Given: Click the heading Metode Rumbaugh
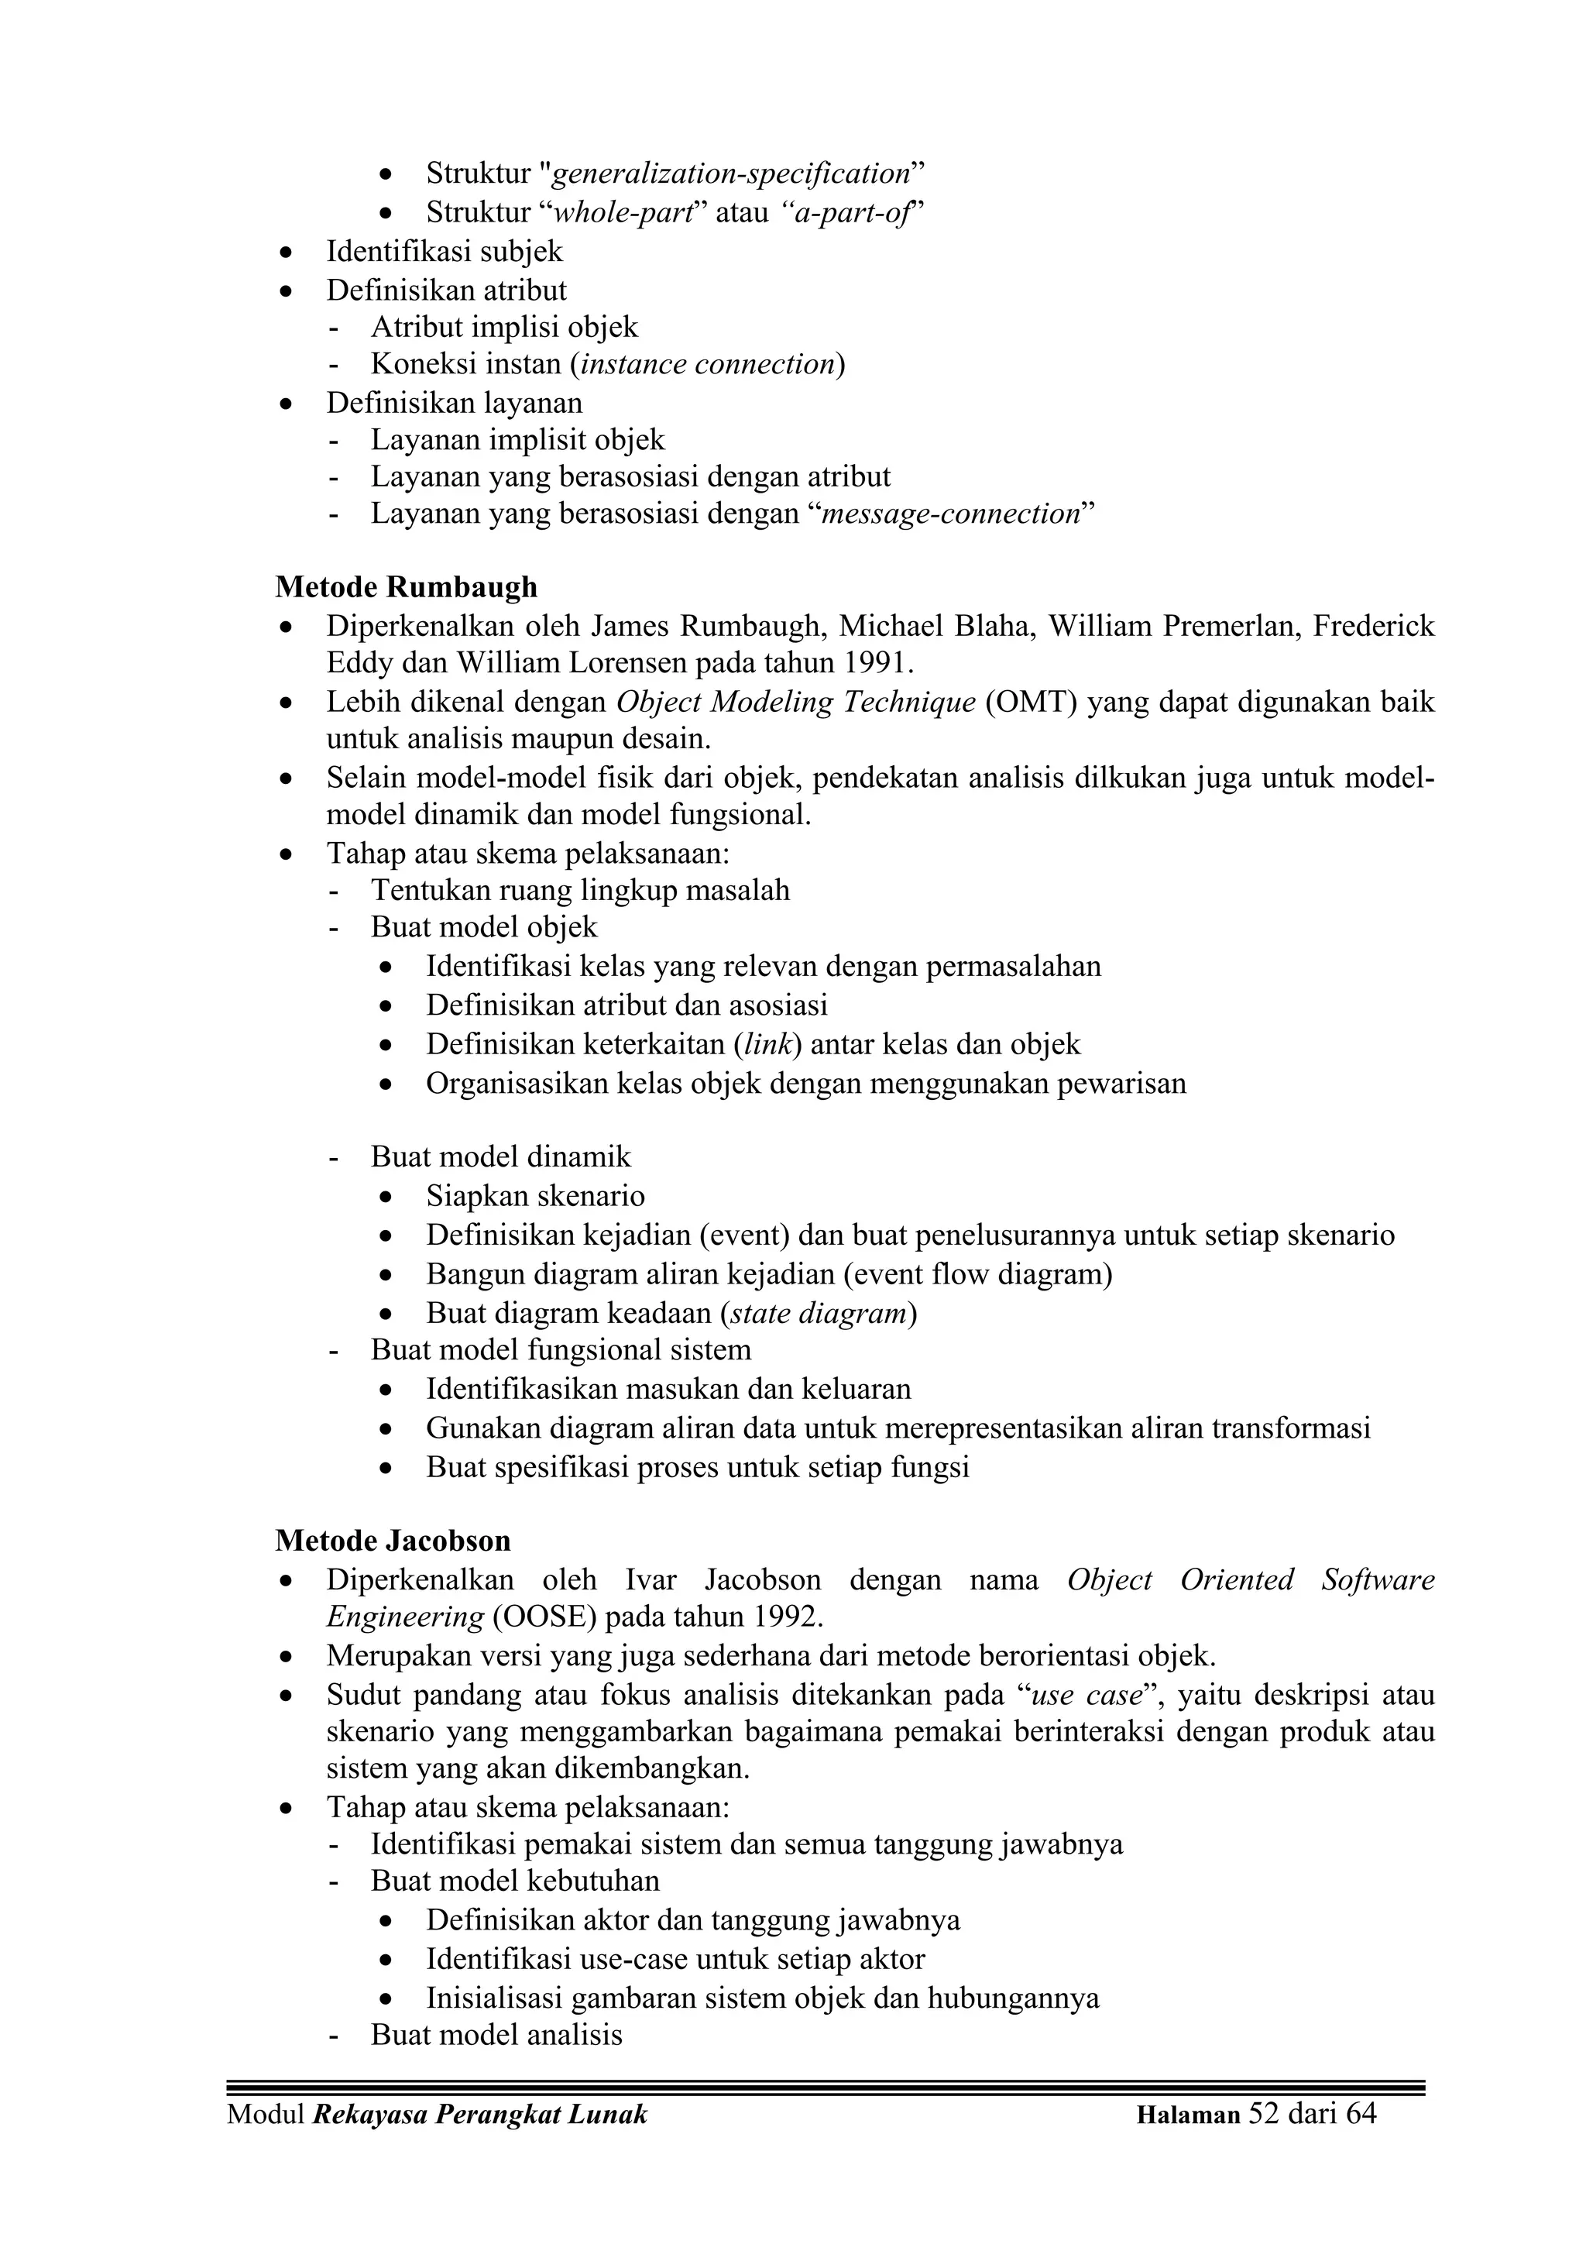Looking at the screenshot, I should pyautogui.click(x=406, y=587).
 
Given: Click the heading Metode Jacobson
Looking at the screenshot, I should pyautogui.click(x=393, y=1541).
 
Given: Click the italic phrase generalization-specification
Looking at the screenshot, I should pyautogui.click(x=732, y=174).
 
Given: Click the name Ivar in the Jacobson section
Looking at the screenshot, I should pyautogui.click(x=650, y=1580).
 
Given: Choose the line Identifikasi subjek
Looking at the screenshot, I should pyautogui.click(x=445, y=253).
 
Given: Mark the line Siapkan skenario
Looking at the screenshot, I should pyautogui.click(x=534, y=1196).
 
